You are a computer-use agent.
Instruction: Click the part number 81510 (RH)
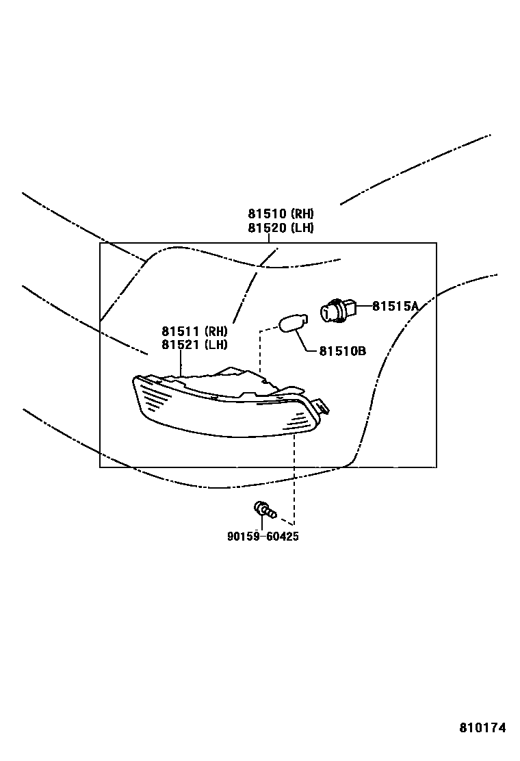(x=281, y=214)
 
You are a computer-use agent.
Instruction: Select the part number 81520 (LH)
(x=281, y=228)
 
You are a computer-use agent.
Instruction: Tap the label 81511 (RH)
(x=194, y=331)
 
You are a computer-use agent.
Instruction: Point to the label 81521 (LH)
(x=194, y=345)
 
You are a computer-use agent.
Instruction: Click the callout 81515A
(x=395, y=307)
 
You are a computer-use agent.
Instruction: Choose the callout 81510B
(x=342, y=351)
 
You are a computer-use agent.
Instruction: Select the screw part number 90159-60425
(x=263, y=537)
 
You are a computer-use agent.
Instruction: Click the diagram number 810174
(x=482, y=728)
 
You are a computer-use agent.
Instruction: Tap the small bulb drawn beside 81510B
(x=293, y=322)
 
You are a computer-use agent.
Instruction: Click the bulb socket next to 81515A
(x=337, y=311)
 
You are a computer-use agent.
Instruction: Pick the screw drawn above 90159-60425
(x=263, y=510)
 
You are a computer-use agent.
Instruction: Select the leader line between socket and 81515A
(x=362, y=306)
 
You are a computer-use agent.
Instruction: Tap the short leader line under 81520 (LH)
(x=268, y=238)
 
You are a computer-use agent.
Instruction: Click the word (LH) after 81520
(x=301, y=228)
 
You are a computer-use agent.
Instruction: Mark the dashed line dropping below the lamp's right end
(x=295, y=472)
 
